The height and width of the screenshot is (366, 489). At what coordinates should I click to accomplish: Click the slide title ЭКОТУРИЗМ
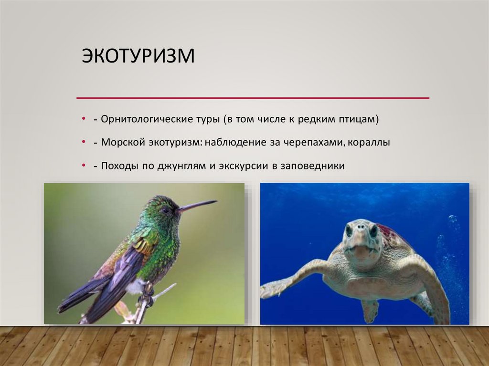(x=138, y=56)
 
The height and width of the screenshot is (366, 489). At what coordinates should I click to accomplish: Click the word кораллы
(x=370, y=143)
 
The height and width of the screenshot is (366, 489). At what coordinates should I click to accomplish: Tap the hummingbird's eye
(x=165, y=210)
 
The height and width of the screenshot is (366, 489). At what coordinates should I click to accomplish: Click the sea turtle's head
(x=361, y=241)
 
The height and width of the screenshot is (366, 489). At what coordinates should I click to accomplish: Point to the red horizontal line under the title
(x=253, y=98)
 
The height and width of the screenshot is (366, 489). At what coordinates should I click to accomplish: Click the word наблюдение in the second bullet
(x=229, y=143)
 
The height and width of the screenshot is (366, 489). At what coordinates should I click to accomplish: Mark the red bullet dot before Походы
(x=84, y=165)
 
